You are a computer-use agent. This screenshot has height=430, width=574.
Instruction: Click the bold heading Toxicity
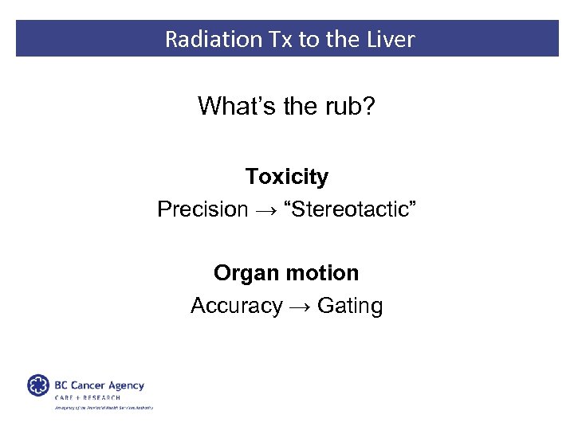(286, 176)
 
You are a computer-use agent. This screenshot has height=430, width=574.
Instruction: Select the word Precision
(202, 209)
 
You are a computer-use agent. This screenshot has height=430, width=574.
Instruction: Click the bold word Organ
(244, 273)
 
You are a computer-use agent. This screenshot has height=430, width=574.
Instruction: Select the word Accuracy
(236, 306)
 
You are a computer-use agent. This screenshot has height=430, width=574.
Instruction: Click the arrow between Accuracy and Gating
(300, 307)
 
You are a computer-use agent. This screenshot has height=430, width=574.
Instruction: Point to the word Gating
(349, 306)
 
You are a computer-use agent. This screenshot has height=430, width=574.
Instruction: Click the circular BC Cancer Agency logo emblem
(38, 386)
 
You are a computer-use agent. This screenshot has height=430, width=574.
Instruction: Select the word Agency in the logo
(126, 386)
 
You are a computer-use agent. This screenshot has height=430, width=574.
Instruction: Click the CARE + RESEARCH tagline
(88, 397)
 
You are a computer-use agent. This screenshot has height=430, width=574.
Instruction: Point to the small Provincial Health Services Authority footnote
(104, 408)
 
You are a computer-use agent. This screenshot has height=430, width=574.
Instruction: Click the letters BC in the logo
(61, 385)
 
